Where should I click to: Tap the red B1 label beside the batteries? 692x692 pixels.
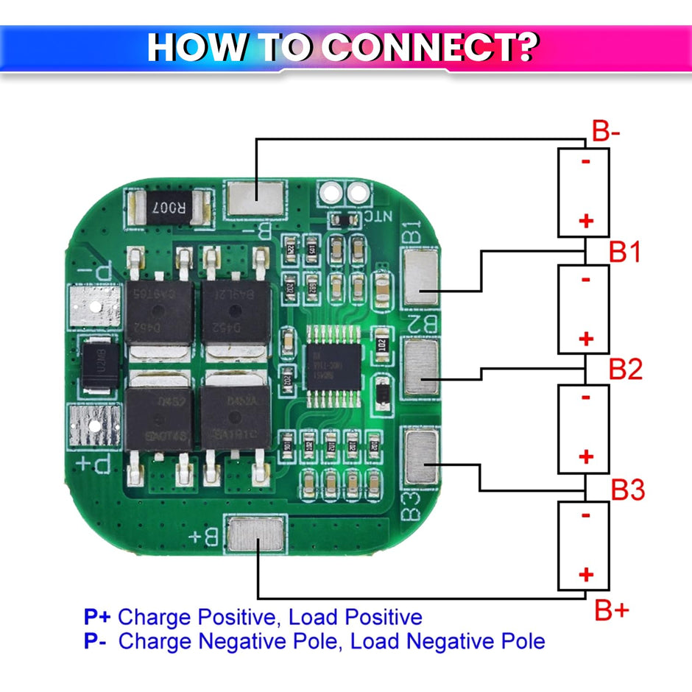click(625, 253)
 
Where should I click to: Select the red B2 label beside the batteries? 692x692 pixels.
click(626, 369)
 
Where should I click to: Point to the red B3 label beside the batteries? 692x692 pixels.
click(628, 488)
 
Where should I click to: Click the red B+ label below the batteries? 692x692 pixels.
click(612, 610)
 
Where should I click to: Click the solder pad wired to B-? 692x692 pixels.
click(255, 197)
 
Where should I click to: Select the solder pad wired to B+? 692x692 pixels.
click(256, 534)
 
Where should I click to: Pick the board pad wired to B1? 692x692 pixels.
click(421, 278)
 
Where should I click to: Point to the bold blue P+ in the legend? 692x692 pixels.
click(97, 617)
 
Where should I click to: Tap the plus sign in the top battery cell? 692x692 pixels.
click(586, 220)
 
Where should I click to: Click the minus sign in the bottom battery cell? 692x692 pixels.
click(586, 515)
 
